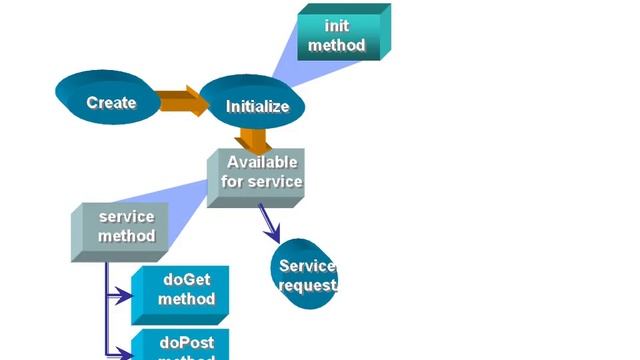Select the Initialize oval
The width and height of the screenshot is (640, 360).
[251, 104]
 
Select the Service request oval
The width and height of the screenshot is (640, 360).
[305, 271]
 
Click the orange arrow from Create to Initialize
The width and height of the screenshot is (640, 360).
[180, 100]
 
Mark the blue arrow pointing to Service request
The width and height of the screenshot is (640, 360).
[269, 223]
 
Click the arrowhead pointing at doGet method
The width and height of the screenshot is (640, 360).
[124, 296]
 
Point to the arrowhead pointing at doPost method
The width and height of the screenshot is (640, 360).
[124, 352]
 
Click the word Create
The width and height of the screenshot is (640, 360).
[111, 102]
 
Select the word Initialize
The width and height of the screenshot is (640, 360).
[257, 106]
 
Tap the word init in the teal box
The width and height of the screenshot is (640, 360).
[337, 26]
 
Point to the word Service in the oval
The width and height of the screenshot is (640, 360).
[306, 266]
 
